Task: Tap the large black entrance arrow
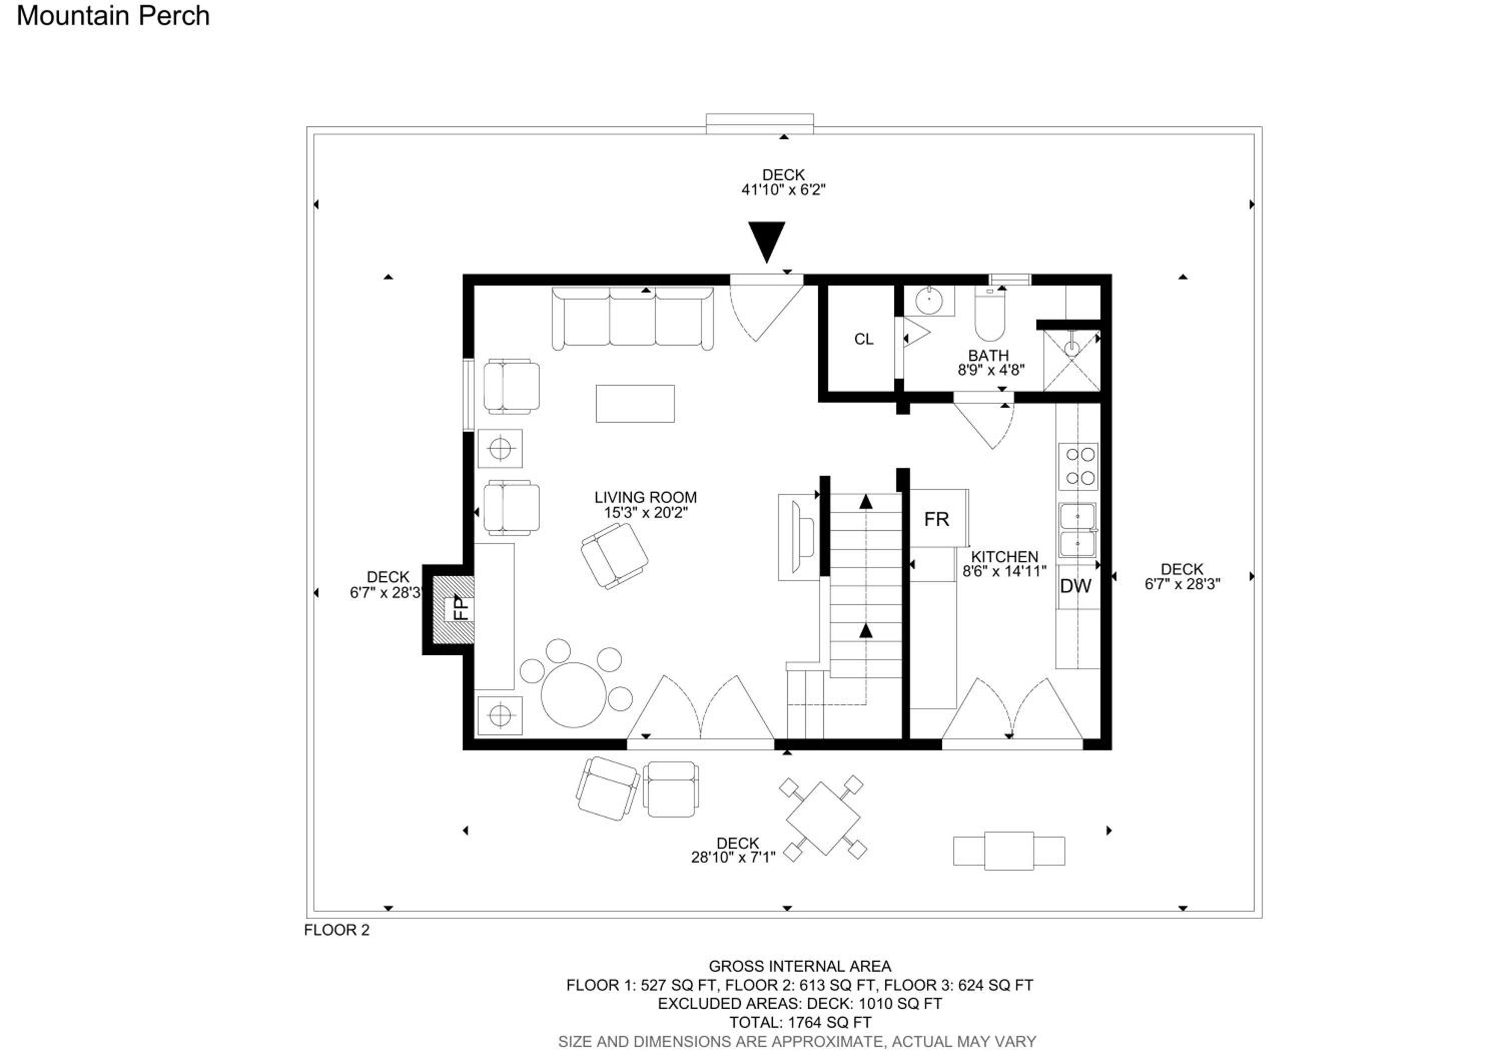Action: click(766, 241)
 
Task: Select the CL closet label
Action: click(864, 339)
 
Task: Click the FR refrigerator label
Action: click(936, 519)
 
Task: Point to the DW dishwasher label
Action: click(1075, 586)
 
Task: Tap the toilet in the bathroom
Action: click(990, 314)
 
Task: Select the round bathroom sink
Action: click(928, 301)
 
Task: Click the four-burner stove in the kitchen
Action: click(1078, 466)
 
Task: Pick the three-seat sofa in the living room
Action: click(633, 318)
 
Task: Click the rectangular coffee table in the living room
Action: click(634, 404)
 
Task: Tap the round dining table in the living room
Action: click(573, 694)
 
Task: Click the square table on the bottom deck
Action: click(823, 817)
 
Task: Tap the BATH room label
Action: click(988, 355)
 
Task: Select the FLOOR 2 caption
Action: click(337, 930)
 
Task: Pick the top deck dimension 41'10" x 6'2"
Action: click(783, 190)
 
